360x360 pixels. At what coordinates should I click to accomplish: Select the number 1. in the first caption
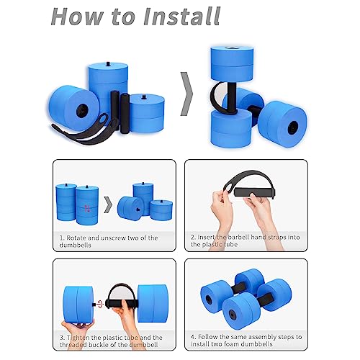[61, 237]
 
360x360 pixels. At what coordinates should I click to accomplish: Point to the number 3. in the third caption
[61, 335]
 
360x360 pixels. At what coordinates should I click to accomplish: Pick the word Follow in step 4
[211, 335]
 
